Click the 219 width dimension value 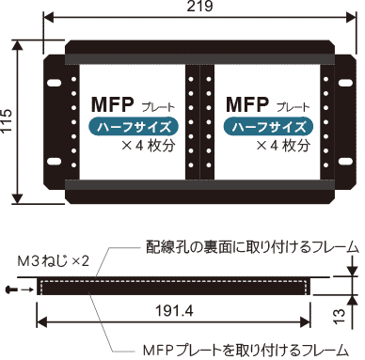[200, 6]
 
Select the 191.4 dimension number [174, 310]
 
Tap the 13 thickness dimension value [340, 316]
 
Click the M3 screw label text [54, 261]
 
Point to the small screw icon [10, 290]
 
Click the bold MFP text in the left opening [113, 104]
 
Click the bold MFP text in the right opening [247, 104]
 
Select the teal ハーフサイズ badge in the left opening [134, 127]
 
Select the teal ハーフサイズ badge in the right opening [269, 127]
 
